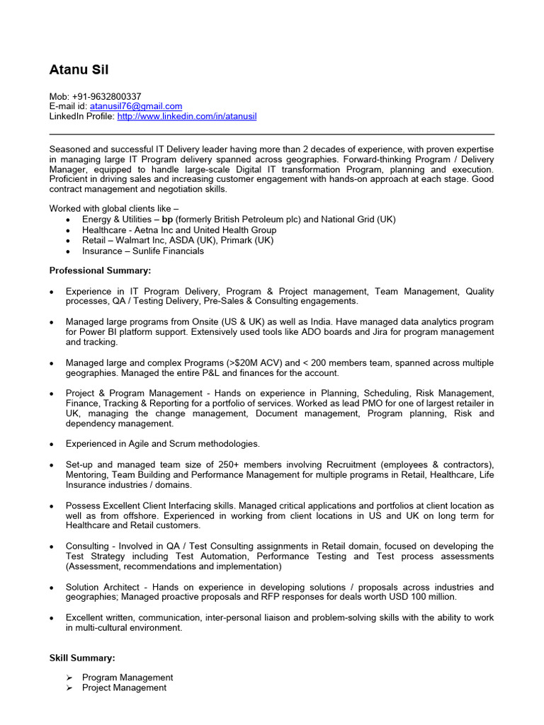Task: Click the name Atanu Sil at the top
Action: [x=79, y=69]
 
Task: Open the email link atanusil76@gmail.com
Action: [x=136, y=106]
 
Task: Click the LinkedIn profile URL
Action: [x=187, y=116]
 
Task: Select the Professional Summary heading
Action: [x=100, y=270]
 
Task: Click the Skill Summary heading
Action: [x=81, y=658]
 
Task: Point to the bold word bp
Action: [x=168, y=219]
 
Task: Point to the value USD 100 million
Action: [x=418, y=597]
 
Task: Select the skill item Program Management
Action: [x=127, y=678]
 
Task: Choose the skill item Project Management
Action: [x=125, y=687]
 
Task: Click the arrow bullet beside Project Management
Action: [x=69, y=687]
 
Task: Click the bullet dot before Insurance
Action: [x=67, y=251]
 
